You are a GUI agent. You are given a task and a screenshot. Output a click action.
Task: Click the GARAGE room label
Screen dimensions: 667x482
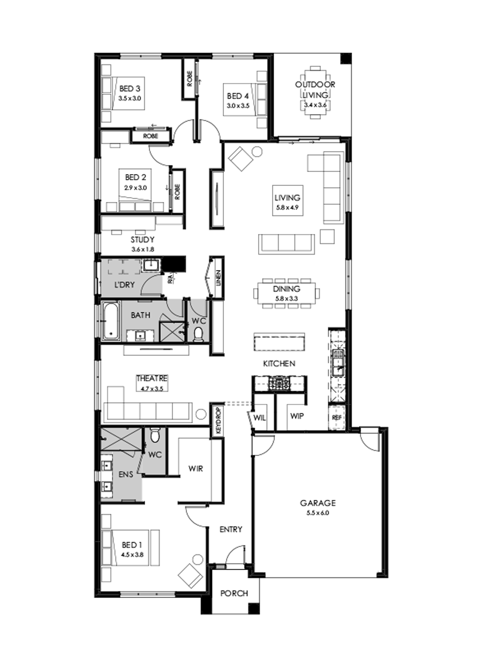click(x=317, y=503)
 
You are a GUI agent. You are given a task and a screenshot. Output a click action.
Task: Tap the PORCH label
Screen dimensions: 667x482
click(x=235, y=593)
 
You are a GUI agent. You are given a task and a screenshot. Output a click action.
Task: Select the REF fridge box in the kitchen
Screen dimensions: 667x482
click(x=336, y=417)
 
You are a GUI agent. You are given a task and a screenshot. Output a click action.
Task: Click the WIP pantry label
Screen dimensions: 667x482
click(x=297, y=415)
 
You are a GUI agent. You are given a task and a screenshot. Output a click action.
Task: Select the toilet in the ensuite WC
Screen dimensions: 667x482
click(x=155, y=436)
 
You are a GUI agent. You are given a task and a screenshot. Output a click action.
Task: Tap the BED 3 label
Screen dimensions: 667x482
click(x=130, y=88)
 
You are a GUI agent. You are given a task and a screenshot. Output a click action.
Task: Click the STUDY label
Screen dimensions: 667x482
click(x=142, y=239)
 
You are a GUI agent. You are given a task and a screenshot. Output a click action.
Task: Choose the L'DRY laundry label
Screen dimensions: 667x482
click(x=125, y=284)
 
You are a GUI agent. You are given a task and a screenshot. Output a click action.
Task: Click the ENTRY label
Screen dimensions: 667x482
click(x=231, y=529)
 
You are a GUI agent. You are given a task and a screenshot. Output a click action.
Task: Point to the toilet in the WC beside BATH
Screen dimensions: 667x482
click(x=198, y=334)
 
